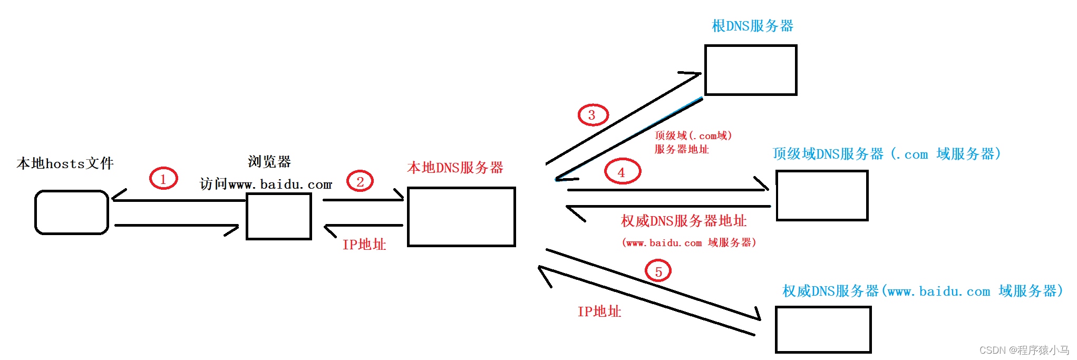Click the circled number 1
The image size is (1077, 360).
[x=163, y=179]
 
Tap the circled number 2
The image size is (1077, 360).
[x=360, y=181]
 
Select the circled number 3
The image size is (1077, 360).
[x=593, y=115]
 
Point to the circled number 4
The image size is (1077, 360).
[x=622, y=171]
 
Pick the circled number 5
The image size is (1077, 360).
[x=658, y=271]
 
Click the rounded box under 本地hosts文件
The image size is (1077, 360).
[x=72, y=212]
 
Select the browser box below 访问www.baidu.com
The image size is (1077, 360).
[x=279, y=216]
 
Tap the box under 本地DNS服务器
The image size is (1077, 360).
[x=461, y=217]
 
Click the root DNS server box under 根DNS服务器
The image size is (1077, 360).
[x=751, y=70]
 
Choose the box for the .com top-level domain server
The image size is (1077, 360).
[x=822, y=196]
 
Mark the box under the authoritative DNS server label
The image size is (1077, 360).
[x=823, y=329]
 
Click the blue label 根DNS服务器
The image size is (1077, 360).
[x=752, y=26]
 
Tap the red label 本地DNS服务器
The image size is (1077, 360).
[x=455, y=168]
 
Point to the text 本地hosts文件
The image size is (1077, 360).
[x=65, y=163]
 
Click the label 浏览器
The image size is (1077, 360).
[x=269, y=161]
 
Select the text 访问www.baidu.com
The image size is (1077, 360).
[x=266, y=184]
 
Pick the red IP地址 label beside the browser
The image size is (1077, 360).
[x=364, y=245]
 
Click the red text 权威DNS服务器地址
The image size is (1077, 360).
[x=684, y=221]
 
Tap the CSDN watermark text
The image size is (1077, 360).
[x=1024, y=350]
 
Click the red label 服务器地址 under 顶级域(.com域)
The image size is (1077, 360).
[x=681, y=149]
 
